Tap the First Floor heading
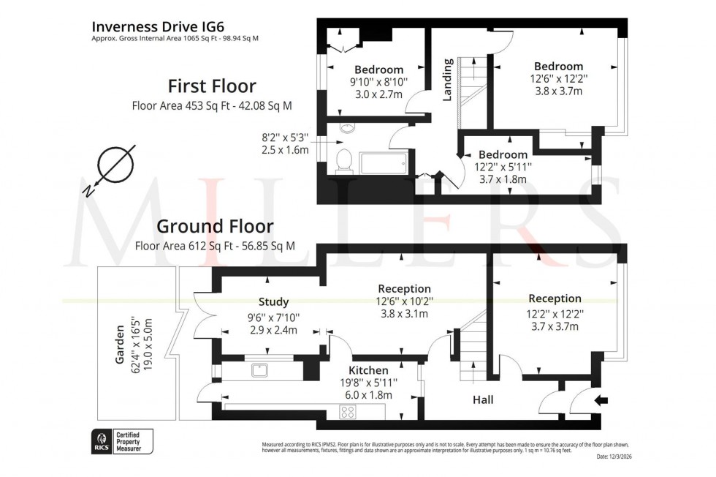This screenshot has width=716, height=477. point(212,85)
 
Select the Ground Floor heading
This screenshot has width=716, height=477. point(215,226)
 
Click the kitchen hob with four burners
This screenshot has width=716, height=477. point(348,412)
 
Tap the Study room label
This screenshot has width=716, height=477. point(273,301)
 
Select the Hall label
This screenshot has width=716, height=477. point(483,399)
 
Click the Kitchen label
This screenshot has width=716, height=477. point(368,370)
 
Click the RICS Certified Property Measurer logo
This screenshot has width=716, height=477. point(122,440)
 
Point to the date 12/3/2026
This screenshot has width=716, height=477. point(615,457)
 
